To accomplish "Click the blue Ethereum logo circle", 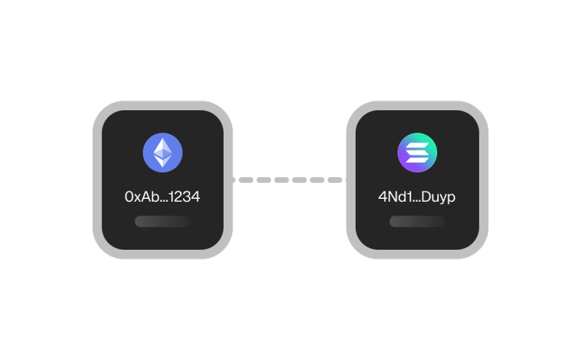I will click(x=163, y=153).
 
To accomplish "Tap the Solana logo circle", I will click(x=417, y=153).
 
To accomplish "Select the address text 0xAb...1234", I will click(x=163, y=197).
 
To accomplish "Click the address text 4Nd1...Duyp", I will click(x=417, y=197).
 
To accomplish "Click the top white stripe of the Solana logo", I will click(x=417, y=146).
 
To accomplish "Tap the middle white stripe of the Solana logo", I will click(x=417, y=153).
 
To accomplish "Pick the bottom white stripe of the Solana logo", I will click(x=417, y=160).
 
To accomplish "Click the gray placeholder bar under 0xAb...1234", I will click(x=163, y=221).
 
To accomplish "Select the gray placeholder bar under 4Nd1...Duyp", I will click(x=417, y=221).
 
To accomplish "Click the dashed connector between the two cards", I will click(x=290, y=179).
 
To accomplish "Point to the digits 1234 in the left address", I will click(x=184, y=197).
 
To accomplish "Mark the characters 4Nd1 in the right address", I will click(x=393, y=197).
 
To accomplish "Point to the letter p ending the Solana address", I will click(x=451, y=198).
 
